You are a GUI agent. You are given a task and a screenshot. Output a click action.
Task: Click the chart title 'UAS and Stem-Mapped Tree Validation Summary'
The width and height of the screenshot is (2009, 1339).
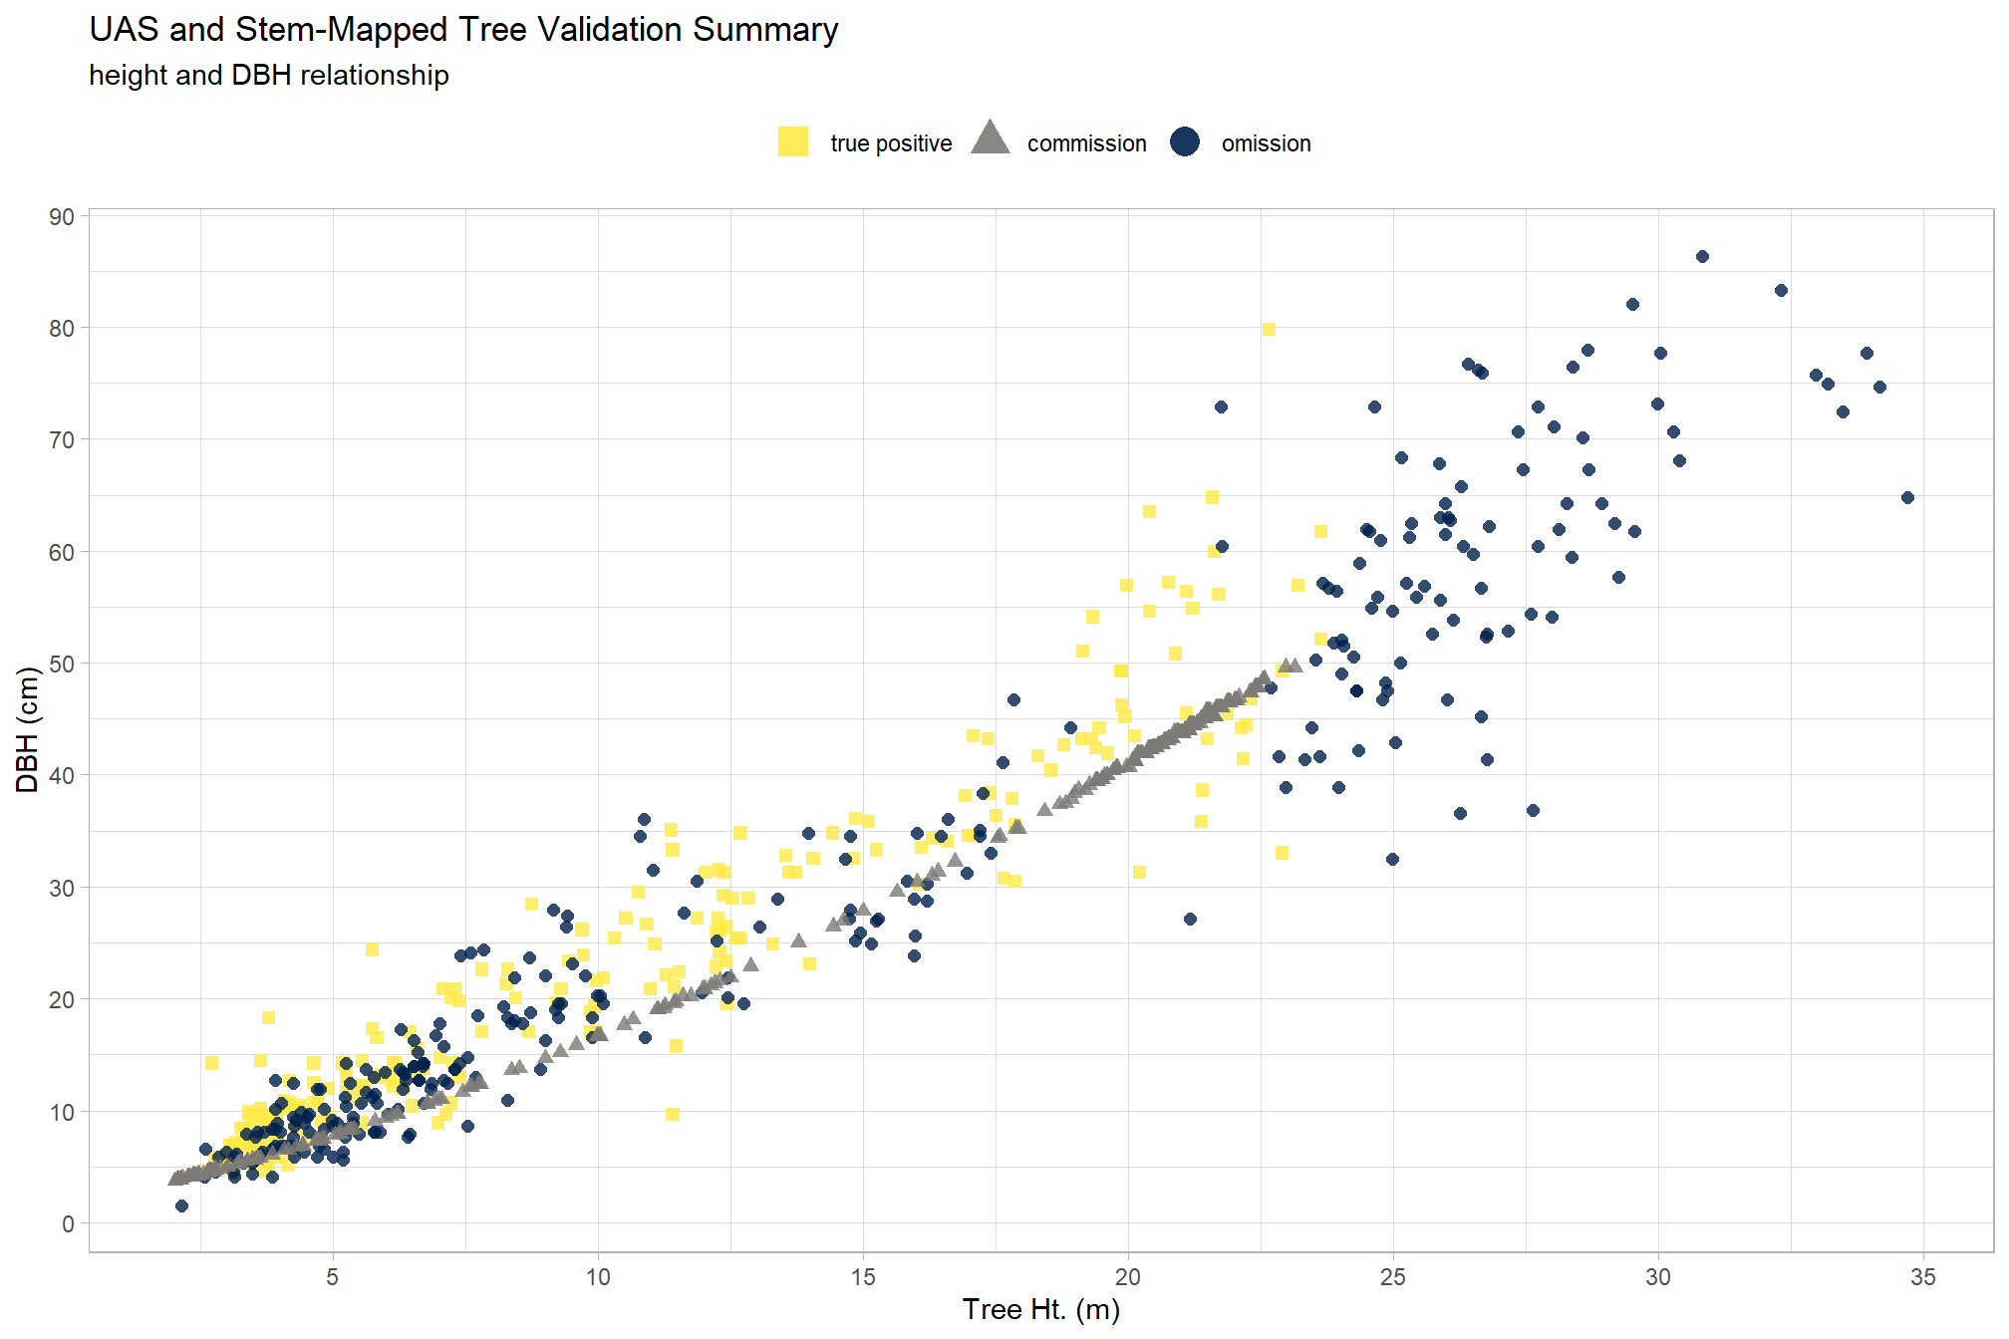463,30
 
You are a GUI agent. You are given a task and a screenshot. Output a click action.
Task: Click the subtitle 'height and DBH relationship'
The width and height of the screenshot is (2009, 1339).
269,76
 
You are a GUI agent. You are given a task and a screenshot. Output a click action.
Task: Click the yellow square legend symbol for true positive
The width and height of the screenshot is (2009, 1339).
793,142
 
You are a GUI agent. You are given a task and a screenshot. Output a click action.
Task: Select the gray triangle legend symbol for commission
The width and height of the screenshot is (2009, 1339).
990,138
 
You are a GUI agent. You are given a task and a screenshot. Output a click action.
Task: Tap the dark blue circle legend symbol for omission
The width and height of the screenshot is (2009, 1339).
1185,142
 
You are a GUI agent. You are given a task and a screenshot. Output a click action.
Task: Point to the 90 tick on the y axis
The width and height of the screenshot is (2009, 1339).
62,217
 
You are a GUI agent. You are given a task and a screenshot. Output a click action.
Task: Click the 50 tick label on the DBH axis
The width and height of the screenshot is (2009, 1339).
62,664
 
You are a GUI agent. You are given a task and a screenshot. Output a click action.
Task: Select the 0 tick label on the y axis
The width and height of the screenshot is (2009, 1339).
68,1223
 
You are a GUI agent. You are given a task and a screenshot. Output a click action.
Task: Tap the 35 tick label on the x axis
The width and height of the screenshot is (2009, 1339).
1923,1277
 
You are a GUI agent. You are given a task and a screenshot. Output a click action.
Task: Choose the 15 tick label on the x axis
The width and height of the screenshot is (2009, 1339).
863,1277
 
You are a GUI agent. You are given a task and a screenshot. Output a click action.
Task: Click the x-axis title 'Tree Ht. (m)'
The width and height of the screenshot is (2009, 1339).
1041,1310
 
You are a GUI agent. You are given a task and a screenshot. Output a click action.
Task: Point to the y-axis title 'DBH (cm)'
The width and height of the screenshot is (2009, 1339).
27,730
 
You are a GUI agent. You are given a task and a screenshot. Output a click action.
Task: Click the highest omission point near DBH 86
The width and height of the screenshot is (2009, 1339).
1702,257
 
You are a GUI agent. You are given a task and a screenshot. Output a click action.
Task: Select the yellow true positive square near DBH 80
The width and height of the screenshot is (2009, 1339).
1269,330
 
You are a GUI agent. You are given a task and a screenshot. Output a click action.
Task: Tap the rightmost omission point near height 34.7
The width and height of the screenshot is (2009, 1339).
1907,498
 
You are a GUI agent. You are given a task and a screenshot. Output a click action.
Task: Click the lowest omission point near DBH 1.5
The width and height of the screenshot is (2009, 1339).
181,1206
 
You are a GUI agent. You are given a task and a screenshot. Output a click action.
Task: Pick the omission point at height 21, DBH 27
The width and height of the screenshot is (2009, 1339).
1190,920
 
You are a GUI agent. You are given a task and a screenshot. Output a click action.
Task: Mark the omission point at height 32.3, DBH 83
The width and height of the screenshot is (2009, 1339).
1781,291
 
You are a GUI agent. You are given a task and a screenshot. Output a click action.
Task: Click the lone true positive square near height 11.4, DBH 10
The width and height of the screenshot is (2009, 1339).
673,1115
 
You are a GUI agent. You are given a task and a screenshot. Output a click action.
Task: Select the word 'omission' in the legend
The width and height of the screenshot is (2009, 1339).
1267,143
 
